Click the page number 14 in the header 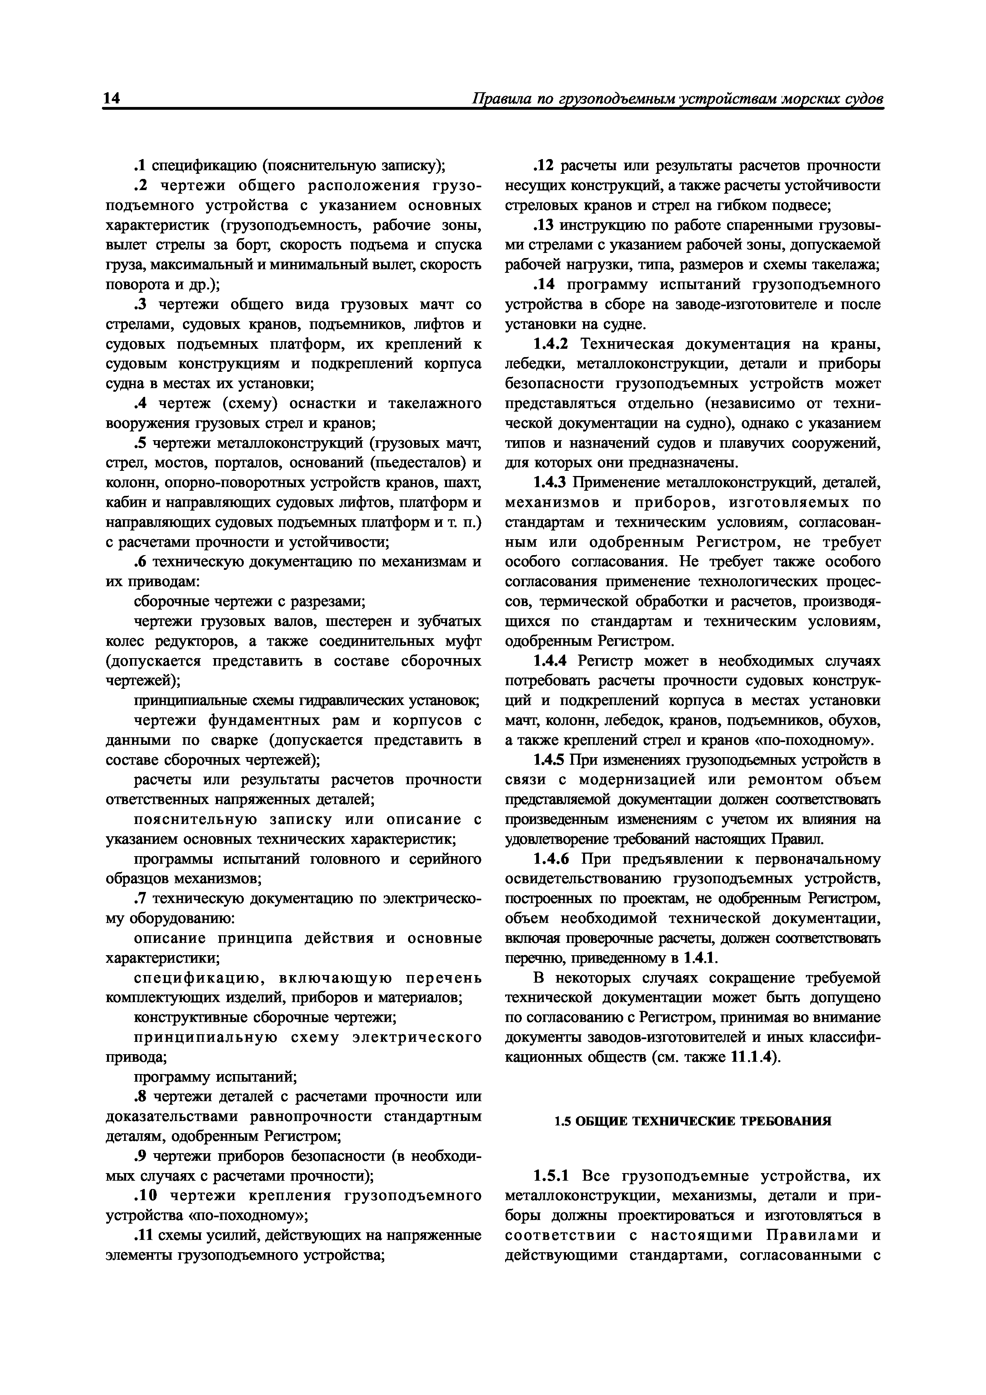[113, 99]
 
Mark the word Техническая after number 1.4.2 [628, 344]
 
